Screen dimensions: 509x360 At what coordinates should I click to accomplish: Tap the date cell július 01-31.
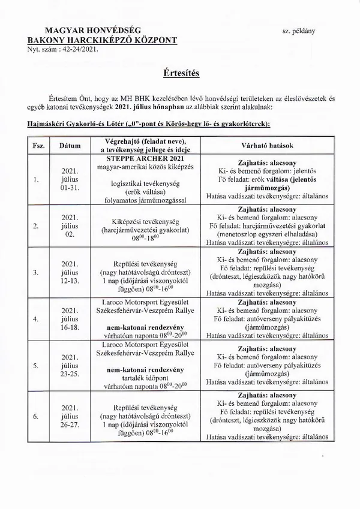[x=70, y=178]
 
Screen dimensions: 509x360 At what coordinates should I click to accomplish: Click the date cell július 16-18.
[x=70, y=318]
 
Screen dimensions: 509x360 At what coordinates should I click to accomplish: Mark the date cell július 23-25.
[x=70, y=364]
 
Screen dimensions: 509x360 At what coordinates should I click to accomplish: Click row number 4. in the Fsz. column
[x=36, y=319]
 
